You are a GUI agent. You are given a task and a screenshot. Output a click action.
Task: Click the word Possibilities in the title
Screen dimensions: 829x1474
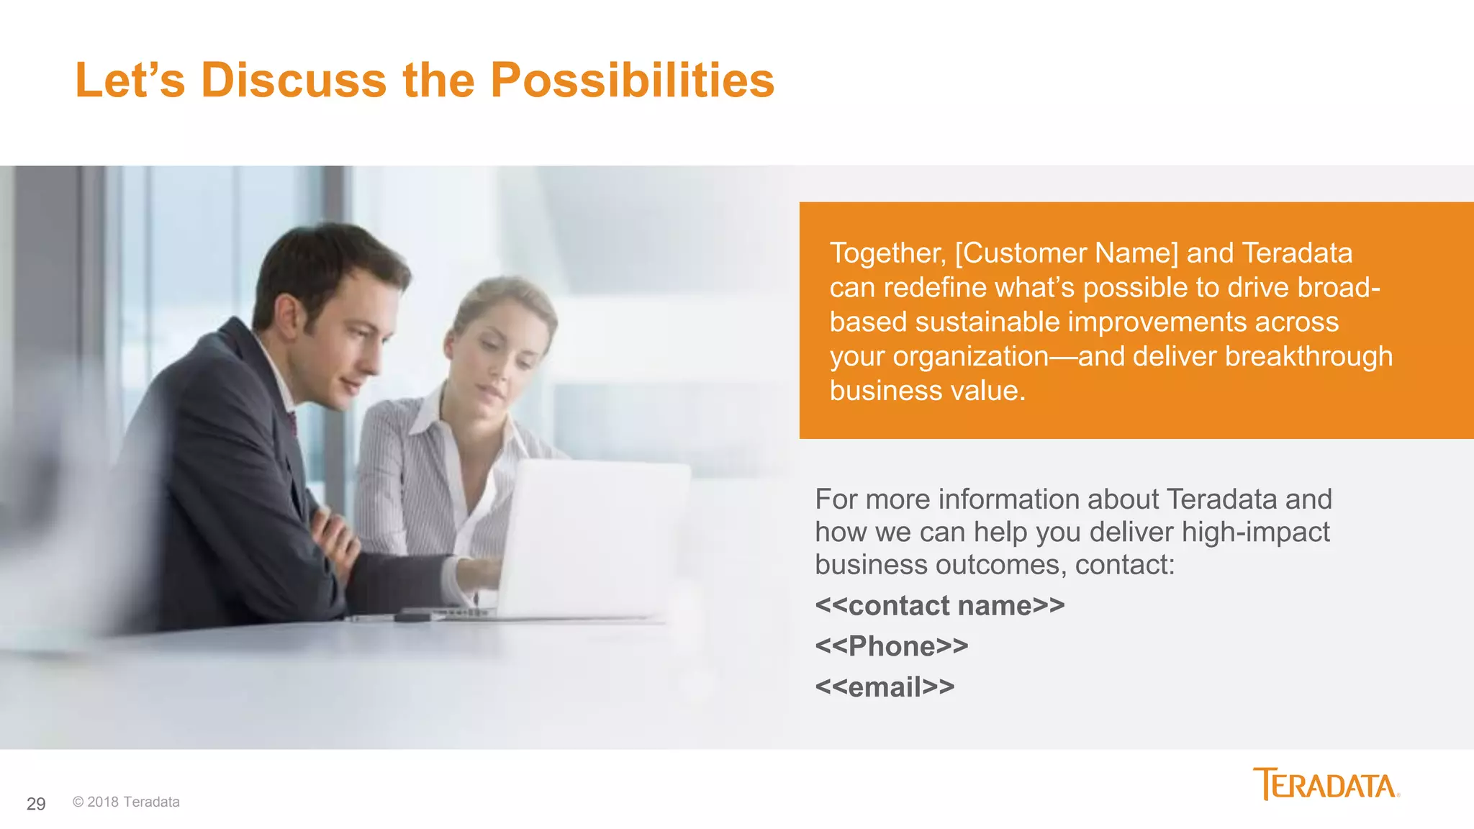click(632, 80)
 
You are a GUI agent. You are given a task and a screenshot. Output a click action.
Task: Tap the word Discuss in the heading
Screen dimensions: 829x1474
click(294, 80)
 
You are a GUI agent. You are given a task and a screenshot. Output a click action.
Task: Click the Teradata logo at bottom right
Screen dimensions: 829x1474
click(1326, 784)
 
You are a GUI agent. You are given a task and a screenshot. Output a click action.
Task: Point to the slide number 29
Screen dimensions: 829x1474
click(36, 804)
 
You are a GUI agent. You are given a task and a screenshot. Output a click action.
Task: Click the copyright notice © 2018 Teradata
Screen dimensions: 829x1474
click(126, 802)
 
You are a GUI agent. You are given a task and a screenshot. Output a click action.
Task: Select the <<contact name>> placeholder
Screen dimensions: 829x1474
click(939, 606)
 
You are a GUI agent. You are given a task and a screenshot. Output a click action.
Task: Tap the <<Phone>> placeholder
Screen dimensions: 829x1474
click(891, 646)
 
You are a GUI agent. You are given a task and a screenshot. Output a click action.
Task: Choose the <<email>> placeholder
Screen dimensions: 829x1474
click(885, 687)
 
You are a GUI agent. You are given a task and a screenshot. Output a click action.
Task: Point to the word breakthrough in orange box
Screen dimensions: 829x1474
click(1308, 357)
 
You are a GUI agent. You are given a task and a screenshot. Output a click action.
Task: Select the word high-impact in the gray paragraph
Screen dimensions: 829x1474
click(1255, 533)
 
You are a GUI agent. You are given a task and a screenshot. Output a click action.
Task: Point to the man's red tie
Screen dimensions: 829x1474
click(292, 422)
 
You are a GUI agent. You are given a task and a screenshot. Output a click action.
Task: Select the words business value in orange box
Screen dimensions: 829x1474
click(926, 391)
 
